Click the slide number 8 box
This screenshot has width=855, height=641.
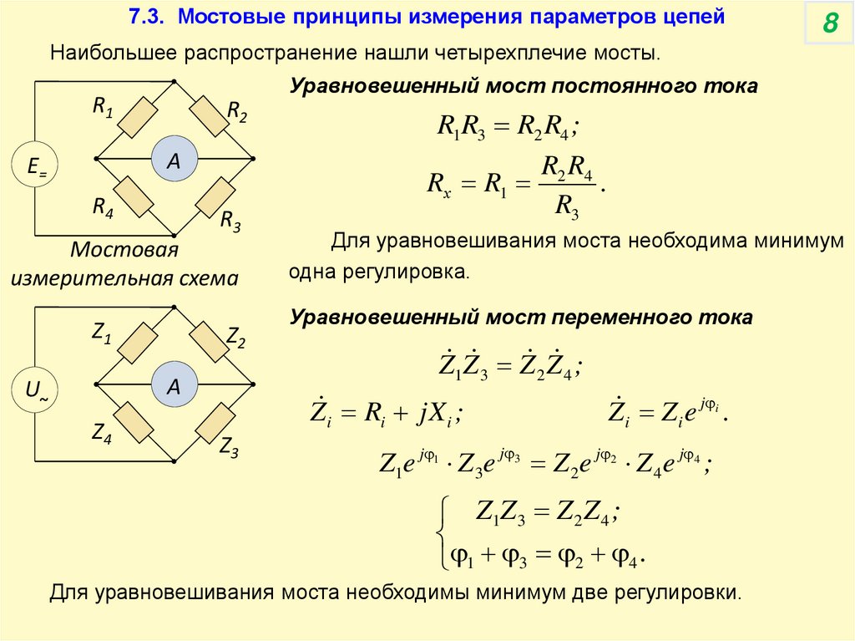click(x=829, y=24)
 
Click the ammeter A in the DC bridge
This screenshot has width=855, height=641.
click(x=174, y=158)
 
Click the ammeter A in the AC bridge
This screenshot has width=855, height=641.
click(x=174, y=385)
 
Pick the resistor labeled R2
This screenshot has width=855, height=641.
click(x=210, y=116)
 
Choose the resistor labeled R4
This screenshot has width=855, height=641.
click(x=134, y=197)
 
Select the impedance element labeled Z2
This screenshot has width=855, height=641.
click(x=210, y=343)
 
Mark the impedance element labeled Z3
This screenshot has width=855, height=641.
click(x=212, y=423)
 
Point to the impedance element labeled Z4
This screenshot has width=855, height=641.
click(x=134, y=423)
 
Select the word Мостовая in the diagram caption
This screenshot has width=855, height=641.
click(x=124, y=251)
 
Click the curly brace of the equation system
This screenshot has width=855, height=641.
click(x=440, y=531)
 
